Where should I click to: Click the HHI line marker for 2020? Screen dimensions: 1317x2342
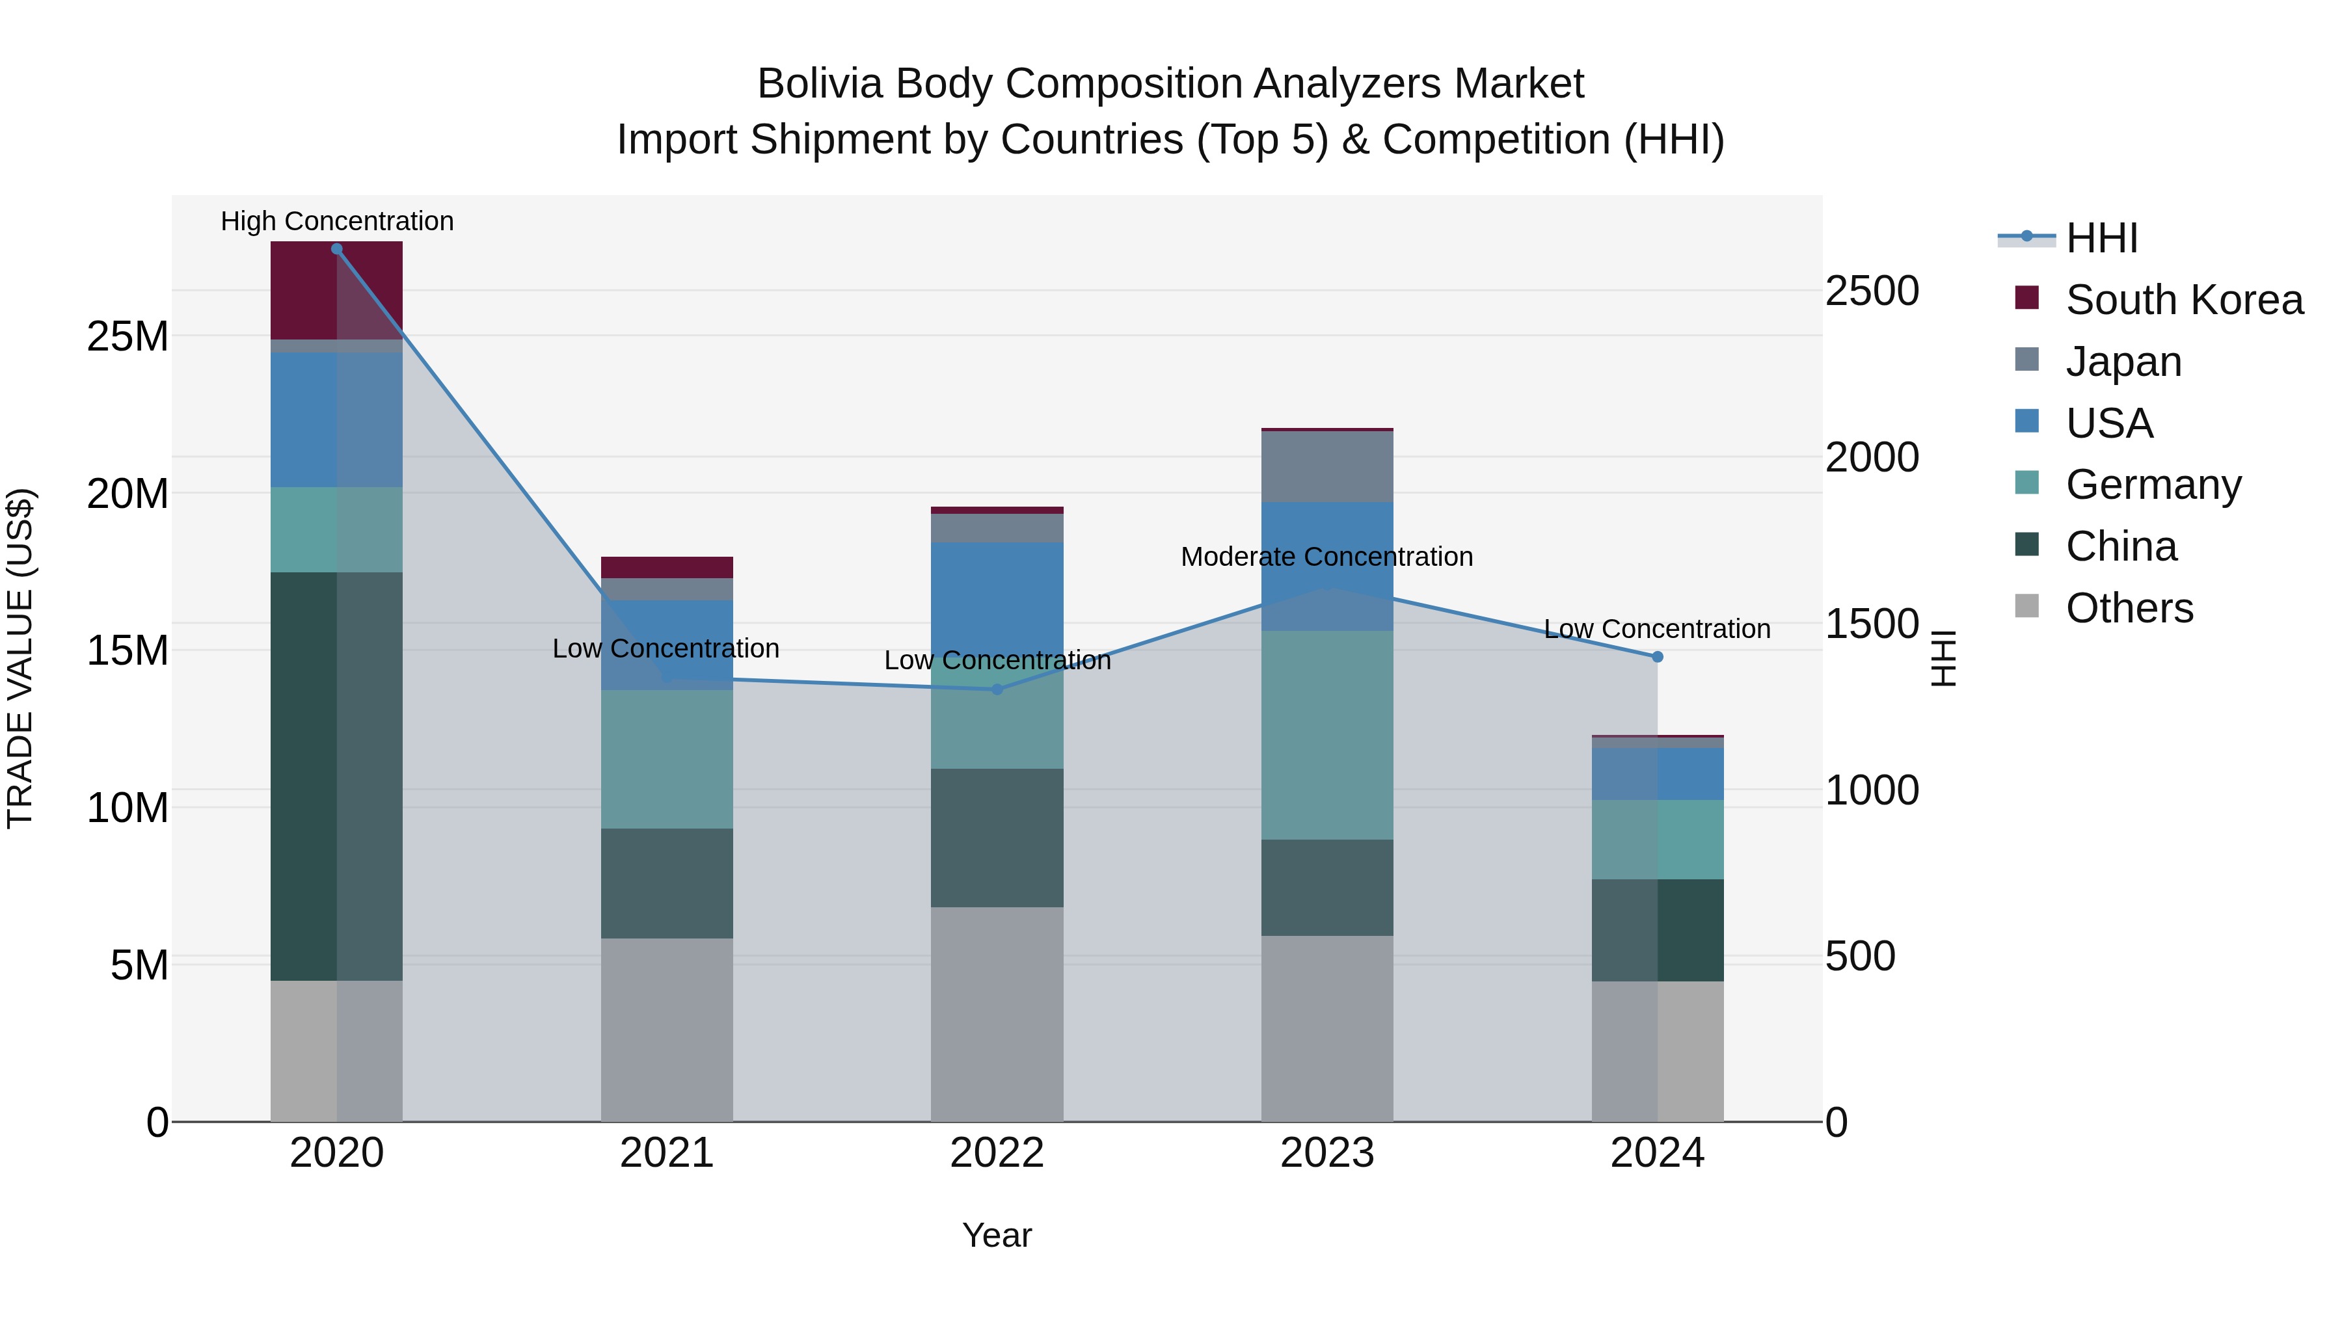(x=336, y=249)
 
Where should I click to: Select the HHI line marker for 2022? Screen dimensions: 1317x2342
(x=997, y=689)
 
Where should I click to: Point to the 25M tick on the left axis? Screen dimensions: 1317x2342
(x=128, y=337)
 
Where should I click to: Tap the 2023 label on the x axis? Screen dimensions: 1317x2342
(x=1326, y=1153)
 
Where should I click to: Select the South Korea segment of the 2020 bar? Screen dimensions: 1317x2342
(x=336, y=291)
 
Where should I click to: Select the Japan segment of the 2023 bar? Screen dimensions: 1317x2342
(x=1326, y=466)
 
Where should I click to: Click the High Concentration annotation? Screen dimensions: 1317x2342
(x=336, y=221)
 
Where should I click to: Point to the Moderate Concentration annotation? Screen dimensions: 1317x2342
(x=1326, y=556)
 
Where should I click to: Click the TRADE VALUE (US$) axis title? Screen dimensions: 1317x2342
(x=20, y=658)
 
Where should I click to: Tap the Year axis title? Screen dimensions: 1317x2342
(x=997, y=1235)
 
